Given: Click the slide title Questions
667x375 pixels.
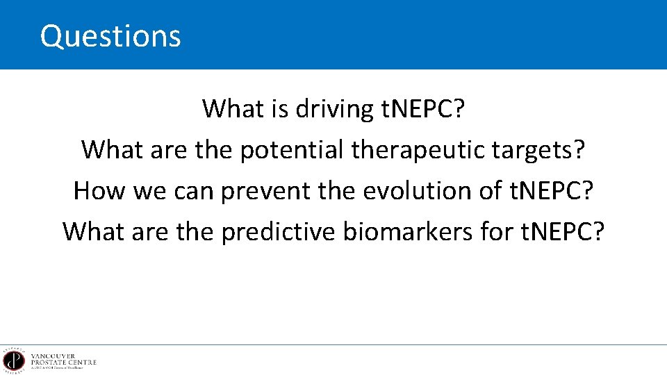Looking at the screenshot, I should tap(110, 36).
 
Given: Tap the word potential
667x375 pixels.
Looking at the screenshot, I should tap(293, 149).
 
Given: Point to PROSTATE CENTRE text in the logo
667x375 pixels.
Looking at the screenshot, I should tap(63, 362).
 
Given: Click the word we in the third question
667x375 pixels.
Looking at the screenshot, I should tap(150, 191).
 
